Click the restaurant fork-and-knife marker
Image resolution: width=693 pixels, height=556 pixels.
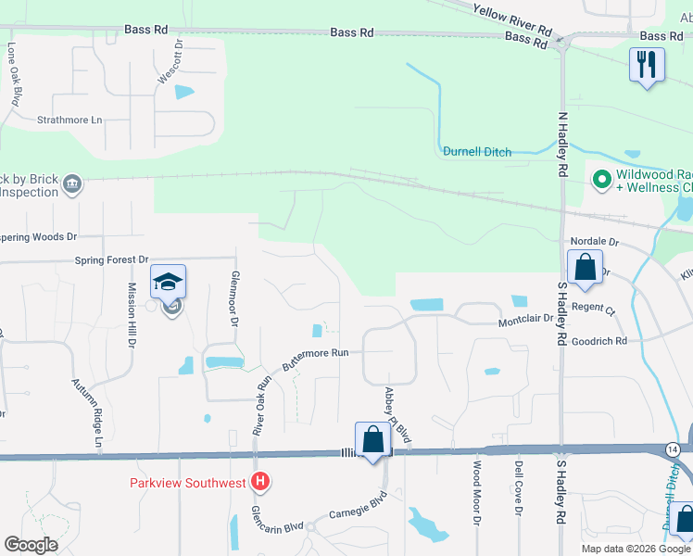647,64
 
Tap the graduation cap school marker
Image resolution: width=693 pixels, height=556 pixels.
168,282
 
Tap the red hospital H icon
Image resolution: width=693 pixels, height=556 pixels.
261,482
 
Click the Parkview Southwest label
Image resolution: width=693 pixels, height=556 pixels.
187,482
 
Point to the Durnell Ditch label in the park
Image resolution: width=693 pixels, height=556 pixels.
477,152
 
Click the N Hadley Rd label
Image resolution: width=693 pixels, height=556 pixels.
561,145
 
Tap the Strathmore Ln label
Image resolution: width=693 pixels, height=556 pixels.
69,120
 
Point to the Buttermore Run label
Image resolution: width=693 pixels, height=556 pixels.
315,359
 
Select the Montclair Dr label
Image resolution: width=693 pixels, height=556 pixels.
525,319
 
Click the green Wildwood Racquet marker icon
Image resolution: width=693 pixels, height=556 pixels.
600,176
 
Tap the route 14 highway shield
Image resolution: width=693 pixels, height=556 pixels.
672,449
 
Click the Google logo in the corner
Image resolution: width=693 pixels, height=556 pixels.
31,545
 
